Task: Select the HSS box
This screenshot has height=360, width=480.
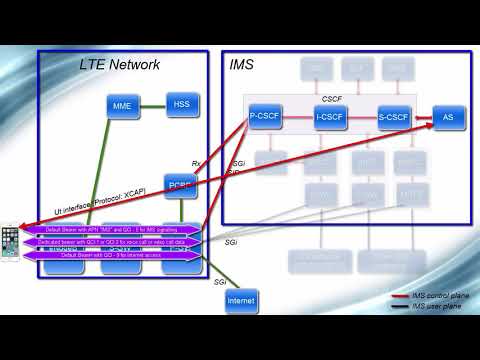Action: (181, 103)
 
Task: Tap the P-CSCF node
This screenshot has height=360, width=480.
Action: (264, 117)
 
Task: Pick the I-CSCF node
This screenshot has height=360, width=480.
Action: (329, 117)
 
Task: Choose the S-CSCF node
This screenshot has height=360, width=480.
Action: (394, 117)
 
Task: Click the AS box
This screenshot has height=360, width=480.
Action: (447, 117)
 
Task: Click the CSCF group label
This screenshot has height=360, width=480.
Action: (330, 100)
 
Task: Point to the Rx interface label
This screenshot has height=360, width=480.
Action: (197, 163)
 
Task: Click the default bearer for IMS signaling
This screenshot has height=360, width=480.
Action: (110, 231)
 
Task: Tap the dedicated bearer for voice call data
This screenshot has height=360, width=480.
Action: (110, 243)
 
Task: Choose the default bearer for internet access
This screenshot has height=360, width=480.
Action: (110, 255)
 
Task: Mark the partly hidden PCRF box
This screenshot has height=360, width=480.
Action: (181, 184)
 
